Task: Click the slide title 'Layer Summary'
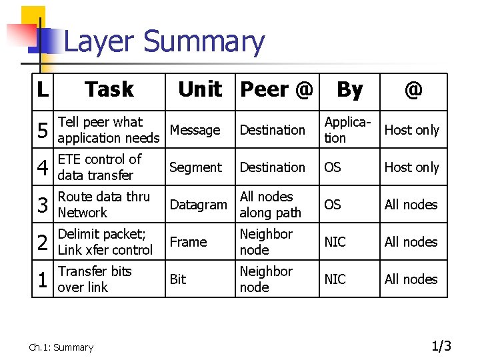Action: point(164,41)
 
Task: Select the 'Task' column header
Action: point(109,89)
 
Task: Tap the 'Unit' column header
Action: point(199,89)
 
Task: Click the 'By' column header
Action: point(349,89)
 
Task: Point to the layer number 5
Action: point(43,131)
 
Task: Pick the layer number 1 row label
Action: point(43,280)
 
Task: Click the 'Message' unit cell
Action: point(195,130)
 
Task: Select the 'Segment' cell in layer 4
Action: point(195,167)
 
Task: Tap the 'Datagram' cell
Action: point(198,205)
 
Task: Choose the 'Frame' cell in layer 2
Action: point(188,242)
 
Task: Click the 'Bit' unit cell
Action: point(178,279)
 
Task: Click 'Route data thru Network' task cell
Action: point(103,205)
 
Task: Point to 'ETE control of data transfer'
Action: point(99,167)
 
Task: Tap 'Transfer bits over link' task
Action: point(95,279)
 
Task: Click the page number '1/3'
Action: point(441,346)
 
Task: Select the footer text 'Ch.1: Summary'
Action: point(61,347)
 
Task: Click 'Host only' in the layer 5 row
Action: point(411,130)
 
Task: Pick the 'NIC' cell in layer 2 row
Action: point(335,242)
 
